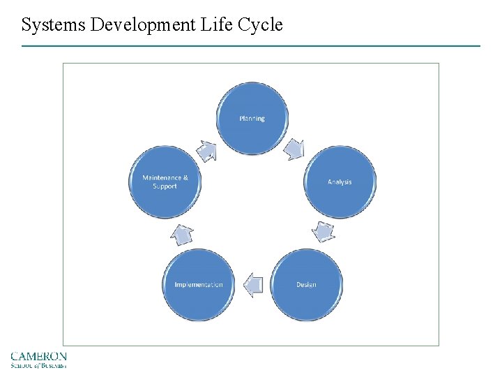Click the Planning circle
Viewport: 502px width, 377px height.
click(252, 118)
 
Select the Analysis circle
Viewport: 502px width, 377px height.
click(340, 182)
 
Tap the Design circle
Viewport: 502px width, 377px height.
click(306, 284)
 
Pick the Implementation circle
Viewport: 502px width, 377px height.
click(199, 284)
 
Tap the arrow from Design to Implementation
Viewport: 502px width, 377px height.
click(253, 284)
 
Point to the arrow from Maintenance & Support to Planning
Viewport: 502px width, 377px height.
click(207, 149)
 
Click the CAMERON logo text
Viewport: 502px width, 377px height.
click(39, 356)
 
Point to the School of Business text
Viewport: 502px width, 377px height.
click(39, 364)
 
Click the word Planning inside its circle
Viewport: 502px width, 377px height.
click(252, 119)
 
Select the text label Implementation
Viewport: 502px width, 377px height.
click(199, 285)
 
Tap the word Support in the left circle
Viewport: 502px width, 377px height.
click(165, 186)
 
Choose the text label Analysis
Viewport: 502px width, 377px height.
click(340, 182)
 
